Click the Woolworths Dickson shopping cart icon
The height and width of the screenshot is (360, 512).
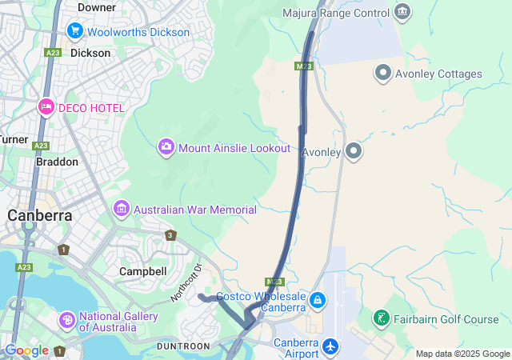75,31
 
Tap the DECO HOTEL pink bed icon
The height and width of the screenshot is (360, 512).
46,107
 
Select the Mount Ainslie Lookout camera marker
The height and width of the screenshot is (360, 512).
166,147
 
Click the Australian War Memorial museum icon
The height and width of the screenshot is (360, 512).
122,209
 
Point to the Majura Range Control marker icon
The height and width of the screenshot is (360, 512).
402,12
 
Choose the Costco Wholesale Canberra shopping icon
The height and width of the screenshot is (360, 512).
318,301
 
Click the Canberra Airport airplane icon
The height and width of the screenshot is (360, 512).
330,348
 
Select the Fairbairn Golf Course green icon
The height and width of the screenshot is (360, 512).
382,319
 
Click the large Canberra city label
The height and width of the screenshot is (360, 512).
40,215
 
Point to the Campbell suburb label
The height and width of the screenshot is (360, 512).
142,271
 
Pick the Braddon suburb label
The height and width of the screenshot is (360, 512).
57,162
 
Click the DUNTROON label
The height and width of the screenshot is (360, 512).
183,346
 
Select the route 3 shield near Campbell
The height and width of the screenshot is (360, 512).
170,235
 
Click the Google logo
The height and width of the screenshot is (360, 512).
26,350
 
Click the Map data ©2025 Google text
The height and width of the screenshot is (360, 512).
462,354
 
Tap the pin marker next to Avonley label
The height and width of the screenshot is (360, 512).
354,150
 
